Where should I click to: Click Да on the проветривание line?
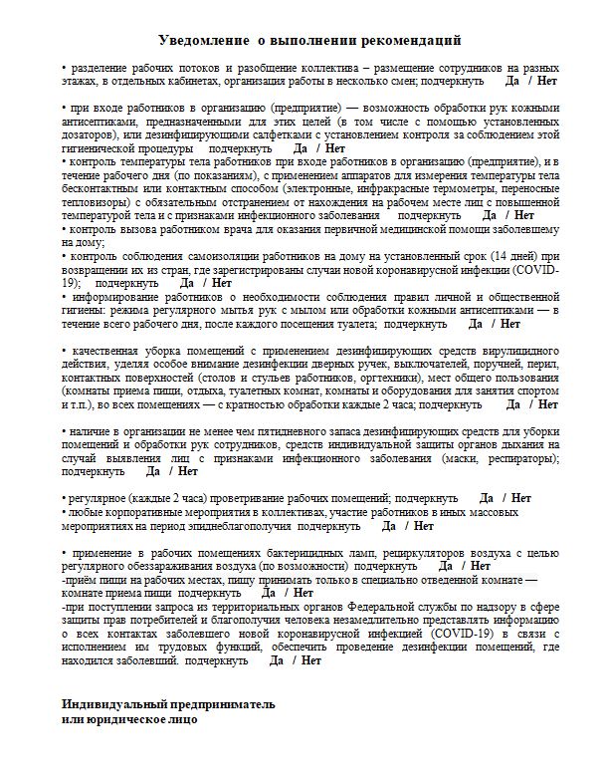pyautogui.click(x=487, y=497)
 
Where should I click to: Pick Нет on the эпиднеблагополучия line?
pyautogui.click(x=423, y=524)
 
